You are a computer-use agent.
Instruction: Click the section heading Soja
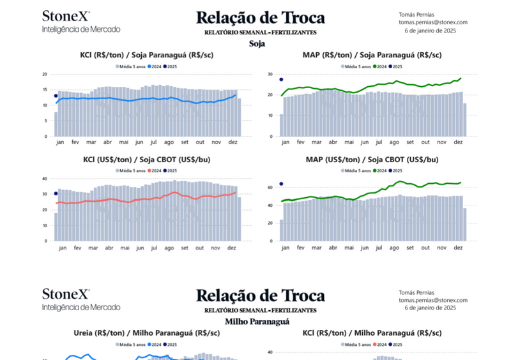pyautogui.click(x=257, y=44)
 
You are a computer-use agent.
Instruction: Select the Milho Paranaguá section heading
pyautogui.click(x=257, y=322)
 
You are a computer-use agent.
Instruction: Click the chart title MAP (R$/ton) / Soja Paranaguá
pyautogui.click(x=372, y=55)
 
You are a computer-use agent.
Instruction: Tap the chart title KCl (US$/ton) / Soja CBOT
pyautogui.click(x=147, y=160)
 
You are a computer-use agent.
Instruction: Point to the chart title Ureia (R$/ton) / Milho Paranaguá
pyautogui.click(x=146, y=333)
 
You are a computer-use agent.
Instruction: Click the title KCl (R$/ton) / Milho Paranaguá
pyautogui.click(x=372, y=333)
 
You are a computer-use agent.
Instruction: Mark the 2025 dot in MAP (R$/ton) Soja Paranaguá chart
pyautogui.click(x=281, y=80)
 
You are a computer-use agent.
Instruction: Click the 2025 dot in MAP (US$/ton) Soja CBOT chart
pyautogui.click(x=281, y=184)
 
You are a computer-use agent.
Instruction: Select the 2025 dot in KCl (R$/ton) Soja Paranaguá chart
pyautogui.click(x=56, y=96)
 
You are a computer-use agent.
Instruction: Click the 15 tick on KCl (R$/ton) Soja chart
pyautogui.click(x=44, y=90)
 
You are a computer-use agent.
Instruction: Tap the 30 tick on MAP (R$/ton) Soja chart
pyautogui.click(x=270, y=74)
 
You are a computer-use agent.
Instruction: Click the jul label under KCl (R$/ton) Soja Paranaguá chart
pyautogui.click(x=154, y=142)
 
